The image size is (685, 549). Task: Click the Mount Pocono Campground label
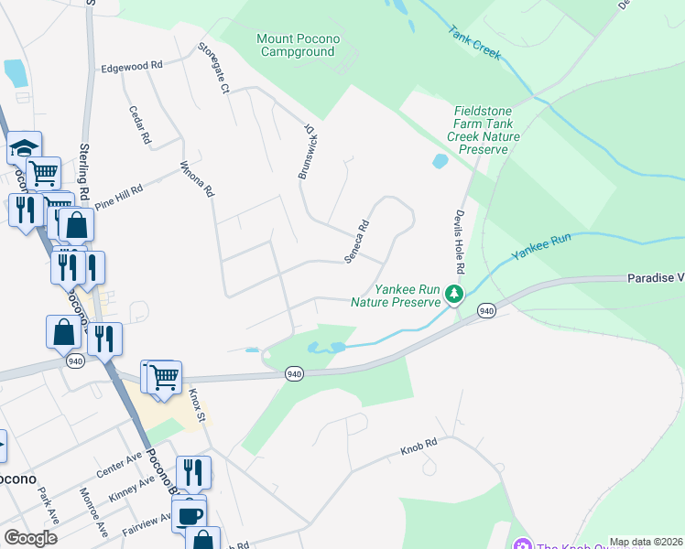[x=298, y=45]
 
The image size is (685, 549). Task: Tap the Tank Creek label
[x=475, y=43]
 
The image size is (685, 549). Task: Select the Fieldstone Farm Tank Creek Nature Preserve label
[x=487, y=130]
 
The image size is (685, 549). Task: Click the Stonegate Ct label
[x=212, y=68]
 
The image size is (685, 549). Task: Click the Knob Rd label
[x=419, y=450]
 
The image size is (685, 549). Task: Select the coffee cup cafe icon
[x=190, y=515]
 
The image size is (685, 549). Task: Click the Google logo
[x=30, y=538]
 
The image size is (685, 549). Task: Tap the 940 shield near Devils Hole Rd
[x=486, y=312]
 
